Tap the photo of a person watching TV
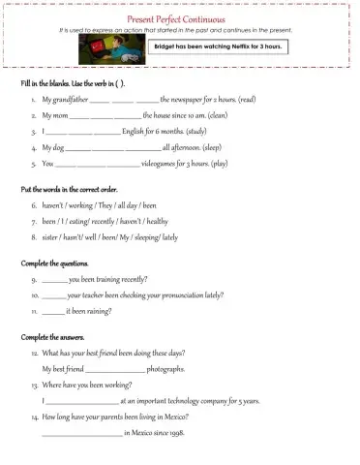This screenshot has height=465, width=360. point(124,51)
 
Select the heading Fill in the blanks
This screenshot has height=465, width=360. point(60,85)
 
